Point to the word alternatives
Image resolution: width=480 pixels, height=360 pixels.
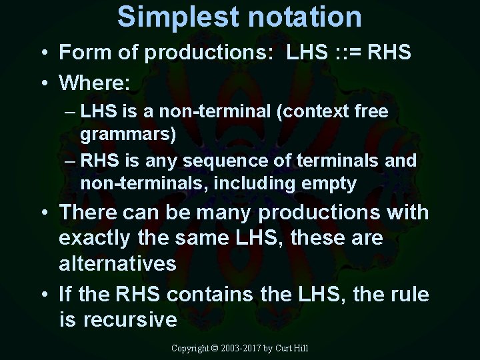117,263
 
